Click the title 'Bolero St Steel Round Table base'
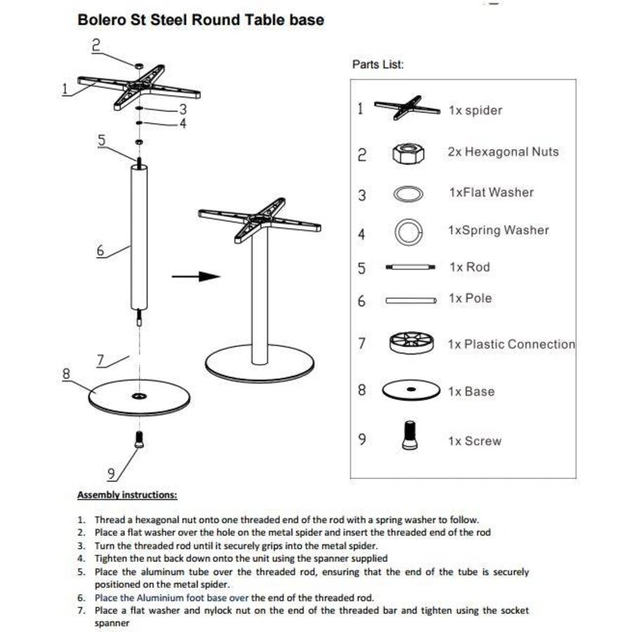tap(200, 20)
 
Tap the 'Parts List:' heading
tap(378, 65)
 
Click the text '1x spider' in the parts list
tap(475, 110)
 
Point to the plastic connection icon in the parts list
tap(409, 344)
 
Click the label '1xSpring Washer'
tap(498, 230)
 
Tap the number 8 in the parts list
tap(362, 390)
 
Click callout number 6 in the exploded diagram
tap(100, 250)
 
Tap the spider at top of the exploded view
tap(138, 88)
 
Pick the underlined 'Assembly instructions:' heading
tap(127, 495)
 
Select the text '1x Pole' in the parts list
tap(470, 298)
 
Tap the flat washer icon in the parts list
tap(408, 194)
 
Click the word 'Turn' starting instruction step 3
tap(106, 545)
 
